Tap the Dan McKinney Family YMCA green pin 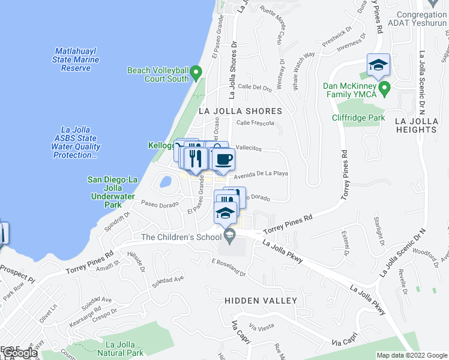pyautogui.click(x=385, y=89)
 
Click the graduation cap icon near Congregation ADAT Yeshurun pyautogui.click(x=378, y=65)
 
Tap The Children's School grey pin pyautogui.click(x=229, y=233)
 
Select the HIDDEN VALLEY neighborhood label pyautogui.click(x=261, y=300)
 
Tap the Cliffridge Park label pyautogui.click(x=358, y=118)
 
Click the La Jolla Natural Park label pyautogui.click(x=124, y=349)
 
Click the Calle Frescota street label pyautogui.click(x=255, y=123)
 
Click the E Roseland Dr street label pyautogui.click(x=229, y=268)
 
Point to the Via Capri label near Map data pyautogui.click(x=345, y=343)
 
